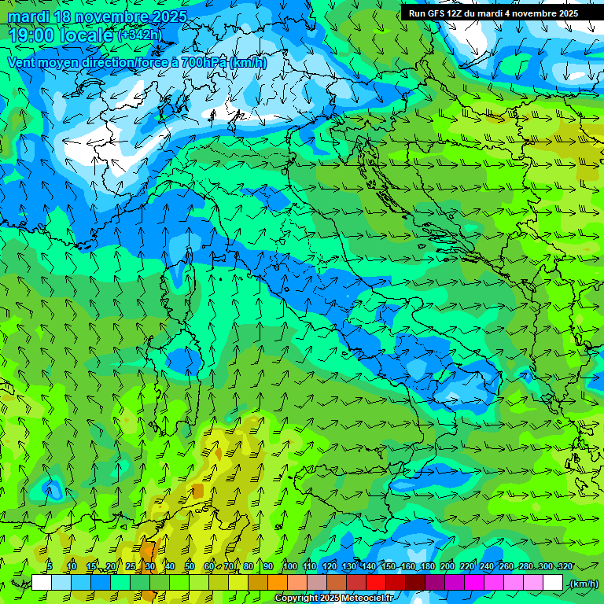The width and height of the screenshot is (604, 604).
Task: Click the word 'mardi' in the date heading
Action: (29, 17)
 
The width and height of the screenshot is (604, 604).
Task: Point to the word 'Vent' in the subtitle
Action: (22, 62)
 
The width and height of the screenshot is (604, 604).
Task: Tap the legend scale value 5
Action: (50, 566)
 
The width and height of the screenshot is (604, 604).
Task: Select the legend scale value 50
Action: (189, 566)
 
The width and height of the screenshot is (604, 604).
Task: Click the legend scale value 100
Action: (289, 566)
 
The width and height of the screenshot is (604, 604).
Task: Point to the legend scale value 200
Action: (447, 566)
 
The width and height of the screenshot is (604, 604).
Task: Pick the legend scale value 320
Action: (565, 566)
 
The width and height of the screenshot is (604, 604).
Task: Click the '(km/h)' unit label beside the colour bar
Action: (584, 584)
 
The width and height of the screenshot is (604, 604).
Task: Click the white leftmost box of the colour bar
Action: (42, 583)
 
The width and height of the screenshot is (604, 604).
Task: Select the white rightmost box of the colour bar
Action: (553, 583)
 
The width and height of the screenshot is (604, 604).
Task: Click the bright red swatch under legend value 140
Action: (376, 583)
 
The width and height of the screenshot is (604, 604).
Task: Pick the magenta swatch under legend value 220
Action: (474, 583)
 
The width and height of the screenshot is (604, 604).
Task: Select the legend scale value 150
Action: (388, 566)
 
